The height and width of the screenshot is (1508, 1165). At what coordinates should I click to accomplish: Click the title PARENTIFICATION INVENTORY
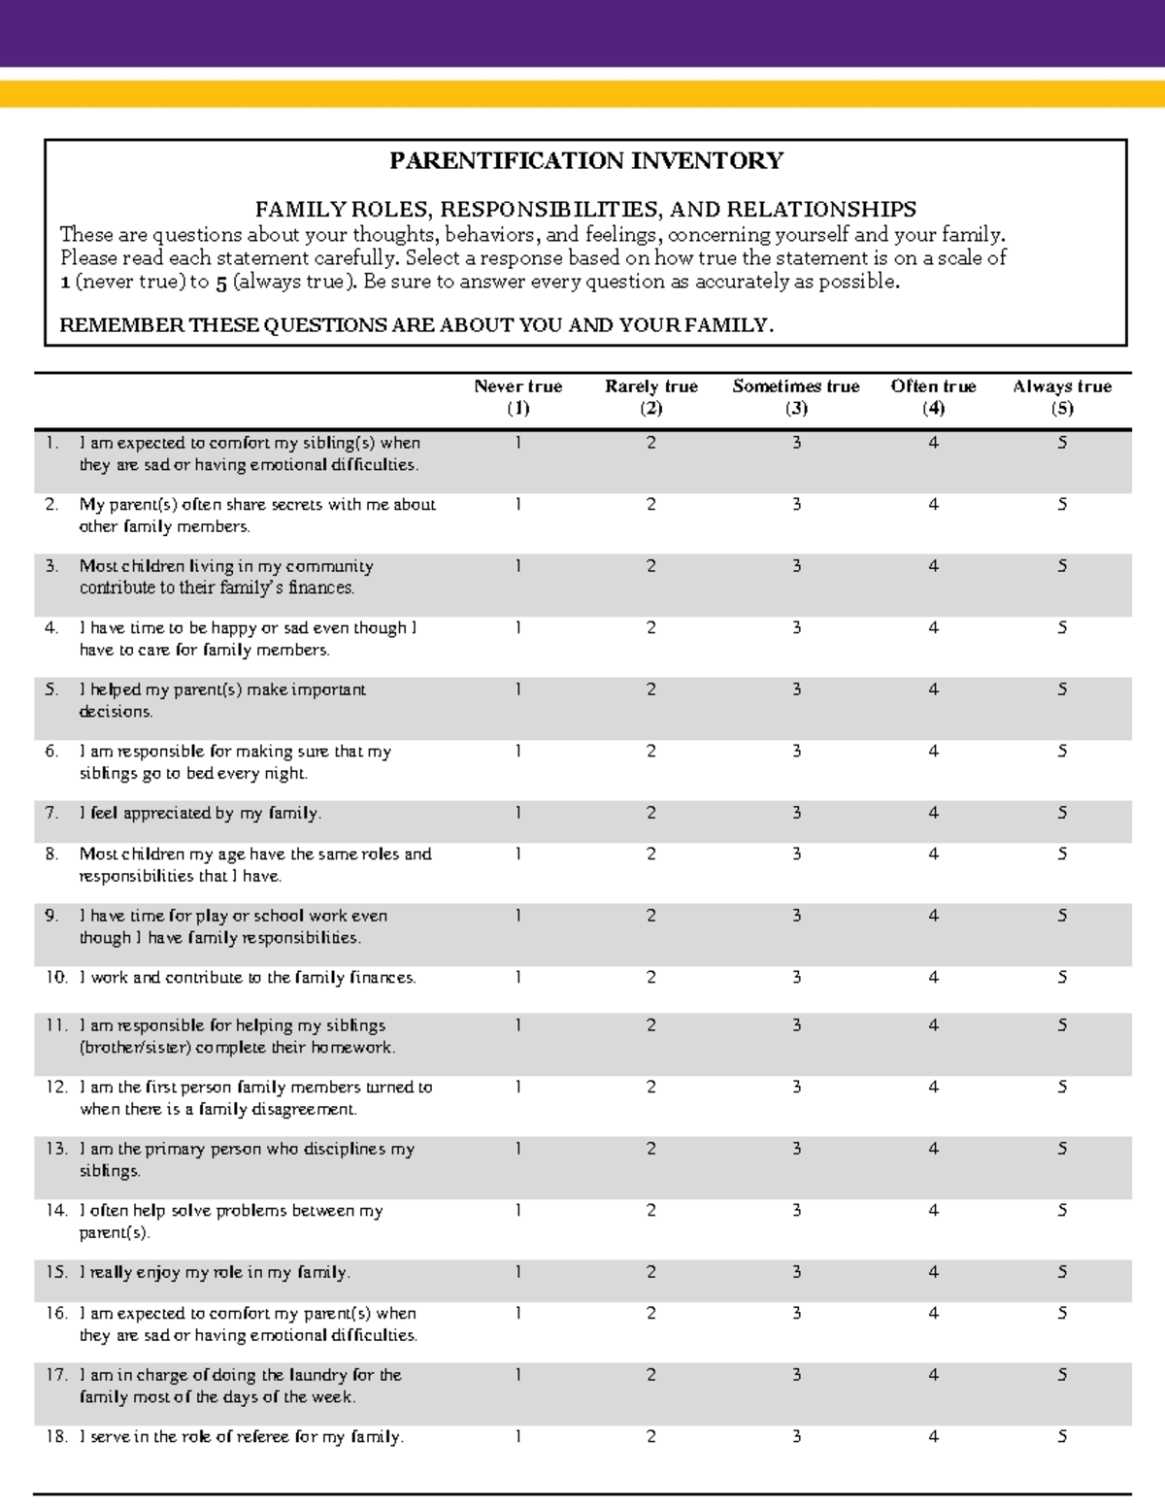(x=586, y=161)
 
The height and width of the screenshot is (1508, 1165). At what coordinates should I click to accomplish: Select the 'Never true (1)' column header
(x=517, y=397)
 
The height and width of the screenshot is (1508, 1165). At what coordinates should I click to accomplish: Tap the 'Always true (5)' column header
(x=1062, y=397)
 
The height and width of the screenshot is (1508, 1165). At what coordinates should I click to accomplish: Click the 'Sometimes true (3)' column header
(x=796, y=397)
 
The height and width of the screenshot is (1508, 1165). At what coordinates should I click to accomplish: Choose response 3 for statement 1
(x=796, y=443)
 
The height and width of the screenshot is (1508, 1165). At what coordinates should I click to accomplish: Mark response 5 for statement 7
(x=1062, y=813)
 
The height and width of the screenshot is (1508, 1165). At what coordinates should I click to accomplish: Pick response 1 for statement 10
(x=517, y=977)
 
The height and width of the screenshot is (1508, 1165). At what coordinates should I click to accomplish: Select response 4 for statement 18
(x=933, y=1436)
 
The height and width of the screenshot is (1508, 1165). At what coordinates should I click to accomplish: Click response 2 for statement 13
(x=651, y=1149)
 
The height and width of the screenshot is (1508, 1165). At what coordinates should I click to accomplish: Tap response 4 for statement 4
(x=933, y=628)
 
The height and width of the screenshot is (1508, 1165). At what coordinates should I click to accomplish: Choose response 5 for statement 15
(x=1062, y=1272)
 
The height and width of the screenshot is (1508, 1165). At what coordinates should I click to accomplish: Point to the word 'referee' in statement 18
(x=260, y=1436)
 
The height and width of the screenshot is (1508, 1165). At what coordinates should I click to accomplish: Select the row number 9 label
(x=51, y=916)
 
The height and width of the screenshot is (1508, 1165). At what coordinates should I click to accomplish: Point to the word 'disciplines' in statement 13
(x=345, y=1149)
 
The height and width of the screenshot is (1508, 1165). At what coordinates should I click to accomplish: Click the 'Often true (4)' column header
(x=933, y=397)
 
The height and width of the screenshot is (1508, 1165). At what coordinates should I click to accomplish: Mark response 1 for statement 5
(x=517, y=689)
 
